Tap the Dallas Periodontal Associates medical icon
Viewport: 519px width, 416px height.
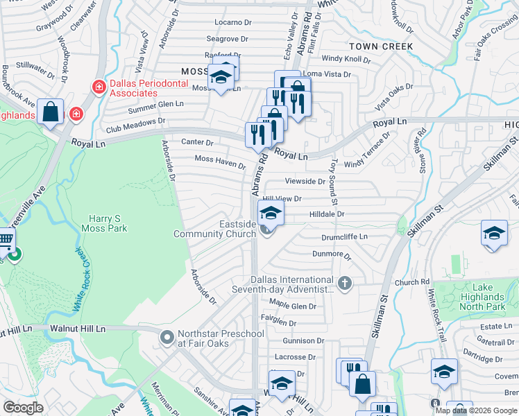point(99,85)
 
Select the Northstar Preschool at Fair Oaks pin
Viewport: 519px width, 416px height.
point(167,338)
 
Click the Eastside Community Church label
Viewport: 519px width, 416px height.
point(215,229)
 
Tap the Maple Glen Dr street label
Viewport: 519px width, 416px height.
point(293,305)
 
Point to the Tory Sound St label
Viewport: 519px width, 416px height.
point(334,182)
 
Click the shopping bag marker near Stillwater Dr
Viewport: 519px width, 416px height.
point(51,112)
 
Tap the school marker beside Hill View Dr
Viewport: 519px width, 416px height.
point(271,212)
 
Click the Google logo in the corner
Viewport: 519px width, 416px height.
point(23,408)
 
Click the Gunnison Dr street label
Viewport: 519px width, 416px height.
point(303,340)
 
